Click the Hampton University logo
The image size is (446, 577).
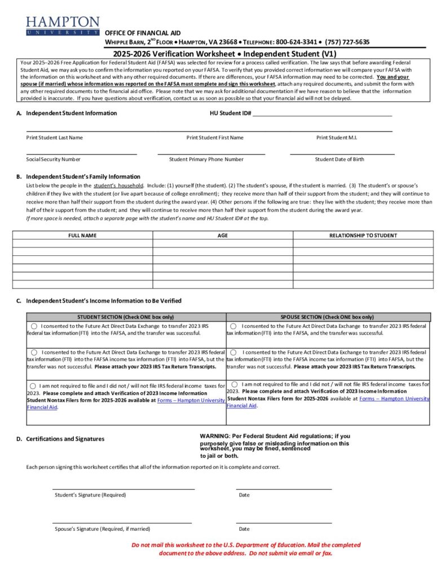coord(62,26)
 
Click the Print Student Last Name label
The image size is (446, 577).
coord(54,137)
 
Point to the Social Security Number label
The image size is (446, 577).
coord(53,159)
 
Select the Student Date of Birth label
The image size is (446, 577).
coord(339,159)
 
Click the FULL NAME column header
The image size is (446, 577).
coord(82,236)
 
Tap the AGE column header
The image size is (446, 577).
coord(223,236)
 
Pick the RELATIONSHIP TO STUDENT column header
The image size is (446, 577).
coord(363,236)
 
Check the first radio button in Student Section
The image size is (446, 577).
coord(34,326)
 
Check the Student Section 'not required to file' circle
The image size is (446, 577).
coord(33,386)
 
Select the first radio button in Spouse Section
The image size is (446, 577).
coord(233,326)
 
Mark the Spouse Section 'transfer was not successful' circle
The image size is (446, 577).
coord(233,352)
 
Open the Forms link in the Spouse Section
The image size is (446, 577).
coord(394,398)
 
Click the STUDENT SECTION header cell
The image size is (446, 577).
coord(126,317)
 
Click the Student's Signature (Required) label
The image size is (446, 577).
coord(90,495)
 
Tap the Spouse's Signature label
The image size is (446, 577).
coord(102,529)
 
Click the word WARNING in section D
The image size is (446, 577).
coord(214,436)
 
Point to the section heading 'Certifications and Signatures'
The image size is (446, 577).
coord(65,439)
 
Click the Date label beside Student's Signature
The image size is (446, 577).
coord(244,495)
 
